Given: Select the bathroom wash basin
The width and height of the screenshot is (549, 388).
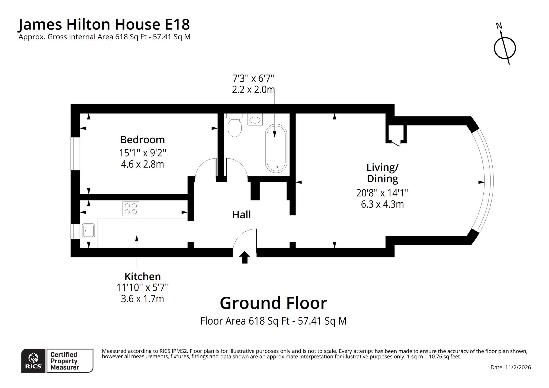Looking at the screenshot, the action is pos(255,119).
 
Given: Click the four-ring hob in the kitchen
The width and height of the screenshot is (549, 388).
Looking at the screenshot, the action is pos(131,209).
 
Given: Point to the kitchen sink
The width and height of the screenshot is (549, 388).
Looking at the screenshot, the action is pos(88,231).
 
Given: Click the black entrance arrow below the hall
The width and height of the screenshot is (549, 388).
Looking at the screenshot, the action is pos(245,257).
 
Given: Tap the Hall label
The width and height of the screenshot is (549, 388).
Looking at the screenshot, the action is pos(241,215).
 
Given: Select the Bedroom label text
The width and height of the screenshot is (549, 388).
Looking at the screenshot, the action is pos(143,140).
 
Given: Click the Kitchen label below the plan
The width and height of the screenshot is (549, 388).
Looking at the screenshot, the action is pos(143,277).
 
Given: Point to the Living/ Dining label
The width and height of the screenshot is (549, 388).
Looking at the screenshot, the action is pos(383,173).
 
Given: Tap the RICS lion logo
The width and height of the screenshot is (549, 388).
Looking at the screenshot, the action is pos(33,361).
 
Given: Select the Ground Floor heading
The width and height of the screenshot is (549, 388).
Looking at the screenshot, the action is pos(274,303).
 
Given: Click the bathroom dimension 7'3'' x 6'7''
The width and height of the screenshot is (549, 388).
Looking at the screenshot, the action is pos(253,79).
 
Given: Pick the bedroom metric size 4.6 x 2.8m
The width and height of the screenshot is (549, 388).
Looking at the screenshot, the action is pos(143,164).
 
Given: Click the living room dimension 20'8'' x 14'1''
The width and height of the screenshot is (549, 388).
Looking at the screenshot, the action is pos(383,193).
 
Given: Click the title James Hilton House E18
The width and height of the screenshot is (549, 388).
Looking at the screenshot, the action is pos(104,24).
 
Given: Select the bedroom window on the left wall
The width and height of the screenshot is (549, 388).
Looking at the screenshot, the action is pos(75,154).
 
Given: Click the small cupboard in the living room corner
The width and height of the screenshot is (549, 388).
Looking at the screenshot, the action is pos(396,134).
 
